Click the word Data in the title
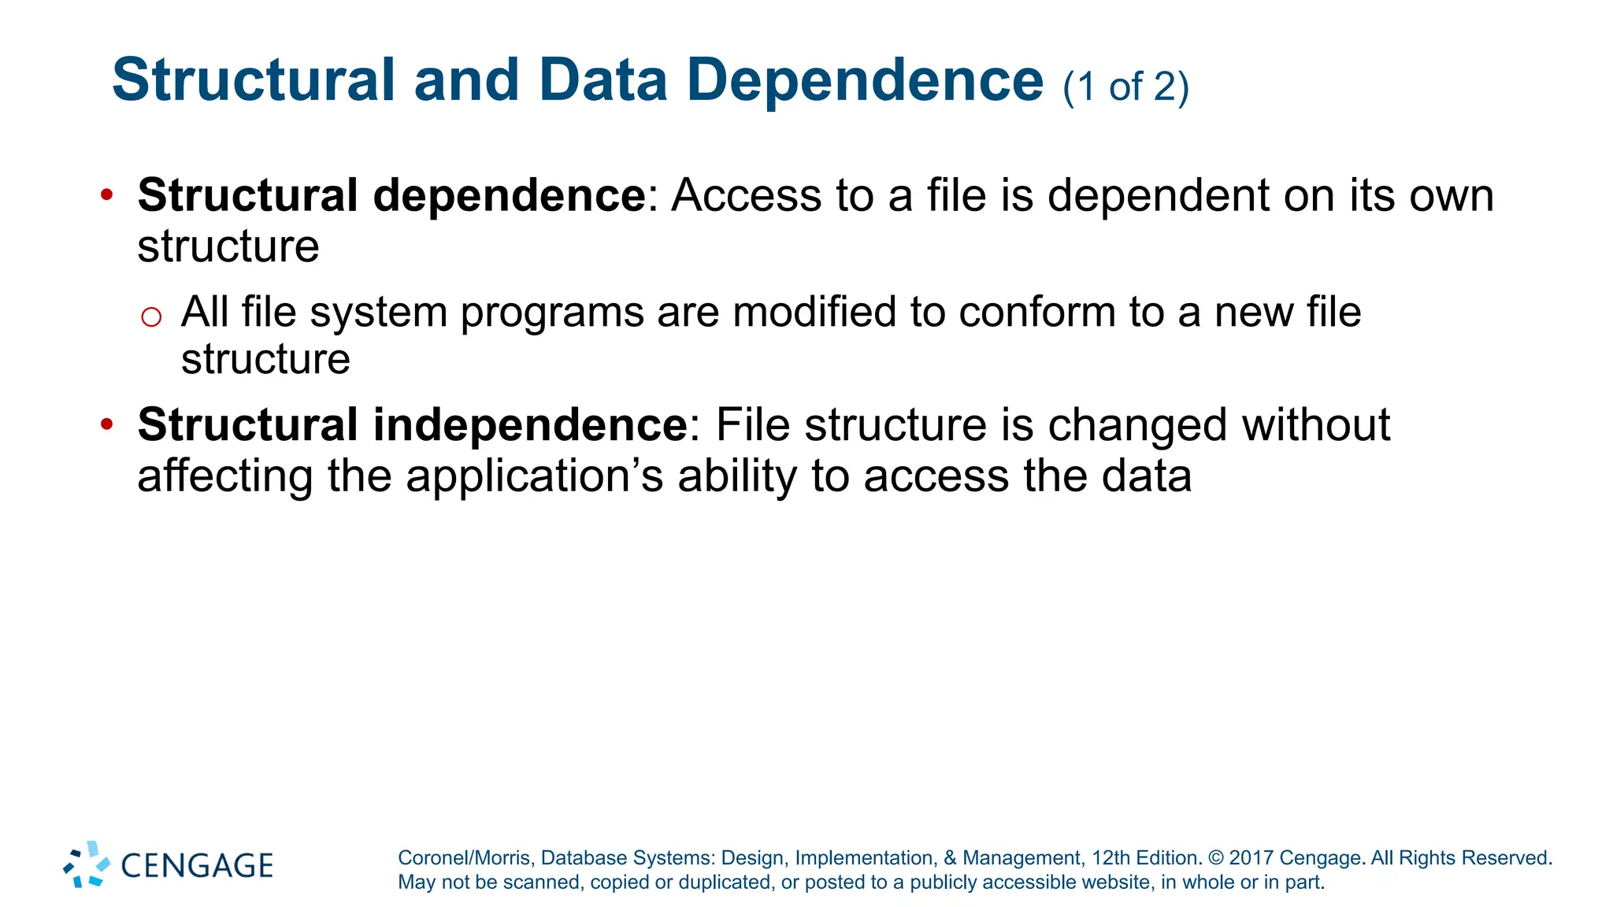603,80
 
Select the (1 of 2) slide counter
1125,86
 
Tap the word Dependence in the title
865,80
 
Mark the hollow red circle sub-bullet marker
150,317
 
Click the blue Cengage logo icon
87,864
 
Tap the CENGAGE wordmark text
197,865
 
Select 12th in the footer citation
1109,857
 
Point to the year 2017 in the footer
1251,857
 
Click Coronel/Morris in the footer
465,857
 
